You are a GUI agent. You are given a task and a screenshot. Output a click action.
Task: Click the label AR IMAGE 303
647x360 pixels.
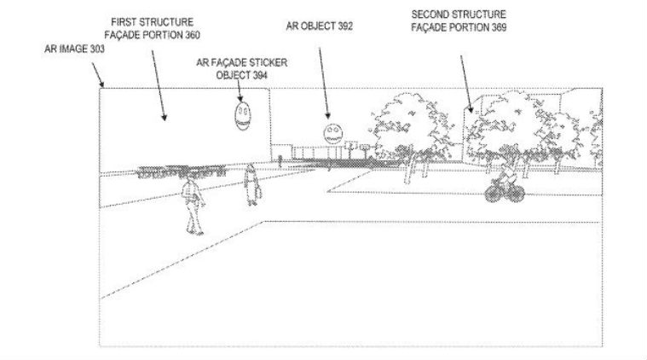click(75, 49)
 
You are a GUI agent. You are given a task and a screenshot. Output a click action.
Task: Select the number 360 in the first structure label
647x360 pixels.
click(193, 35)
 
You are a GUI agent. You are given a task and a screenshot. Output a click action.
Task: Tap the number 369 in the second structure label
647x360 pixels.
click(499, 27)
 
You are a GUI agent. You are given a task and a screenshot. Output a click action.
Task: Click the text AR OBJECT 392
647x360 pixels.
click(320, 26)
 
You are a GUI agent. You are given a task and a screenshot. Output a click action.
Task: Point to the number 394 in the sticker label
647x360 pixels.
click(259, 75)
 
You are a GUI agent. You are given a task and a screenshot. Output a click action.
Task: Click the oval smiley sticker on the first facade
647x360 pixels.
click(243, 116)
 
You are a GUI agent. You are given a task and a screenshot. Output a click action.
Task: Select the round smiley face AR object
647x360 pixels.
click(333, 134)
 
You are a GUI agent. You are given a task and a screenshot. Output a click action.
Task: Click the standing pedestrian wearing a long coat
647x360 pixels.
click(251, 184)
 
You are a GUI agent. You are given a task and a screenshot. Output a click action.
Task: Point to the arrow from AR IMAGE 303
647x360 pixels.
click(97, 75)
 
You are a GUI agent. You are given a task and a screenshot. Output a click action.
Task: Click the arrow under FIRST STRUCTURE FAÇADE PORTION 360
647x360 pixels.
click(159, 85)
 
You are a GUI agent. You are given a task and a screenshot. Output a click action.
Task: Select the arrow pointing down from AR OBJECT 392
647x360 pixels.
click(324, 83)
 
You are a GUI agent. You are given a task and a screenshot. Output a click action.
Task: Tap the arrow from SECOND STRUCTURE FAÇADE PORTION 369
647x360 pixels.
click(467, 84)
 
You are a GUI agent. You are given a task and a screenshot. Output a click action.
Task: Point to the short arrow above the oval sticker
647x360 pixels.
click(240, 90)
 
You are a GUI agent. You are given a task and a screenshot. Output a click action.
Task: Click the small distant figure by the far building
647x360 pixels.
click(280, 160)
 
